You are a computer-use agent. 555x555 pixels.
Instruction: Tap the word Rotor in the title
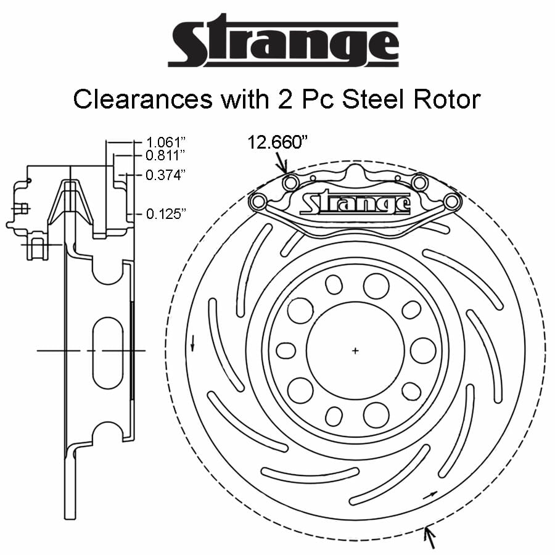pos(449,99)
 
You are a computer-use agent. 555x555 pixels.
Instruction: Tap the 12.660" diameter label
pos(277,142)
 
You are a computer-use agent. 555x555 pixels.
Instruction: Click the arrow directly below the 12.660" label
pos(282,164)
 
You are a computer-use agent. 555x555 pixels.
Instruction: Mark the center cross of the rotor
pos(355,351)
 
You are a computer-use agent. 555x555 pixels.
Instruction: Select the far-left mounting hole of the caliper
pos(258,201)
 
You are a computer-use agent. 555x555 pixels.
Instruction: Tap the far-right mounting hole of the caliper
pos(452,201)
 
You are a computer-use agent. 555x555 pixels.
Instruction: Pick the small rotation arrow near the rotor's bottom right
pos(433,494)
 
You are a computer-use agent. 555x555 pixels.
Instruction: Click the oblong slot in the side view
pos(108,352)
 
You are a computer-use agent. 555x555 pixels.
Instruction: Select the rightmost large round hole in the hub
pos(423,350)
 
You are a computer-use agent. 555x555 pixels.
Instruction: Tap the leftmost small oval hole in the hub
pos(286,350)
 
